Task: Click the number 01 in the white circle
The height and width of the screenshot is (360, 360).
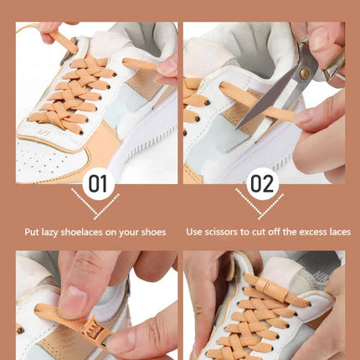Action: pos(98,183)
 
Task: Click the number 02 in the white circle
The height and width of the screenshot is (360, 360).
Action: pos(262,183)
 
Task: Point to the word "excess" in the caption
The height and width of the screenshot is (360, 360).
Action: pos(310,232)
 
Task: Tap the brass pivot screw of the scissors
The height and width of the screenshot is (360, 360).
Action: pos(305,74)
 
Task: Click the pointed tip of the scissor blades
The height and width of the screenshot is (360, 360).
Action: pos(237,129)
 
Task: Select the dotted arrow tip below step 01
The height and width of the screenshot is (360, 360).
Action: pos(95,217)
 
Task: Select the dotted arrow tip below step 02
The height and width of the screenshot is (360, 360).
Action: pos(260,217)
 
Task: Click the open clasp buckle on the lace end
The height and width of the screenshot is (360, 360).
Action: pos(96,332)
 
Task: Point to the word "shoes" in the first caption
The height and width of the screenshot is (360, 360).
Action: pos(153,232)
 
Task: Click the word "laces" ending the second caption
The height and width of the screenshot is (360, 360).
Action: pos(340,232)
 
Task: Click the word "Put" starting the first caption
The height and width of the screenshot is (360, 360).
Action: pos(31,232)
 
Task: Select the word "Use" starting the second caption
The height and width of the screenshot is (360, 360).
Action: pos(194,232)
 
